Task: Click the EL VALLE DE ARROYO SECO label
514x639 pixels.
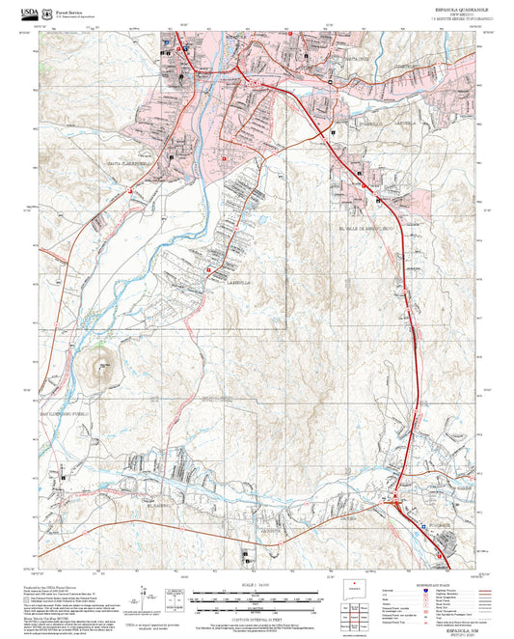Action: [369, 229]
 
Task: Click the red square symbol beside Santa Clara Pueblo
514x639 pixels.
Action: [130, 190]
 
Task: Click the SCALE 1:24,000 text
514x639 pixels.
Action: [256, 585]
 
